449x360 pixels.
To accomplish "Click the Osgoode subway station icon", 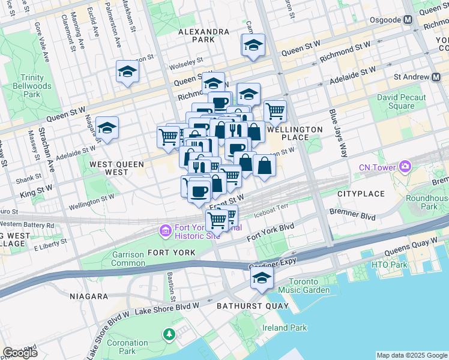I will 408,19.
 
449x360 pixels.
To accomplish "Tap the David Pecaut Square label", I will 401,101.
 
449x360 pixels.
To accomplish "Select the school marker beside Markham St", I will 127,72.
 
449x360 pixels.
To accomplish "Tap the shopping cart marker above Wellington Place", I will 275,110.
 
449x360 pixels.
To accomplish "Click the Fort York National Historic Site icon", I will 164,230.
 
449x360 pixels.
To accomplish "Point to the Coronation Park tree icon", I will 170,333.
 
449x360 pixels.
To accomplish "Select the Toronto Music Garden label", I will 309,286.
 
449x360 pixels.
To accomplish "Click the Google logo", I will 20,352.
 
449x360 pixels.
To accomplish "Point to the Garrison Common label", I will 128,259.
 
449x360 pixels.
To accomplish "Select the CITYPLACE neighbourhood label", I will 361,194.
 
